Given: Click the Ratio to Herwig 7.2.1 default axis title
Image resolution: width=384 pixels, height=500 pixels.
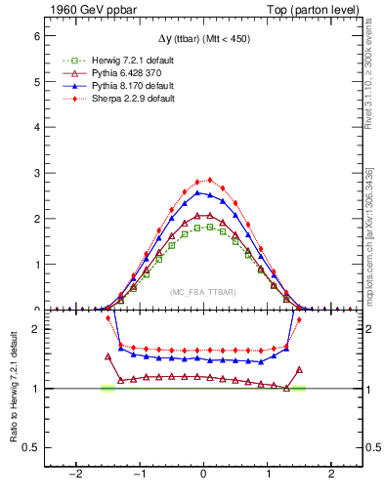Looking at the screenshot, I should [x=13, y=391].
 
